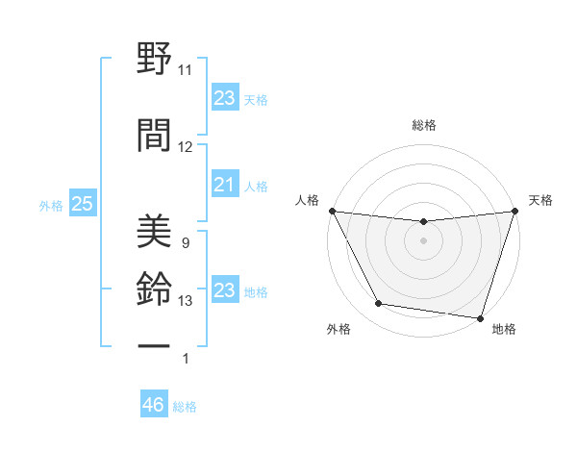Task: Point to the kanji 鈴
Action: click(154, 286)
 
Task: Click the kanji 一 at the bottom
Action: click(154, 343)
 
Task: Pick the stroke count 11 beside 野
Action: click(186, 70)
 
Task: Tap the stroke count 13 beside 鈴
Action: click(186, 301)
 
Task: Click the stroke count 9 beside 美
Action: click(185, 243)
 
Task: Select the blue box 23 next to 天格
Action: click(224, 98)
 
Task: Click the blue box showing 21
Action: click(224, 185)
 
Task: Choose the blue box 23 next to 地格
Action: click(224, 290)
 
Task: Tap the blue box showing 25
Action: click(82, 204)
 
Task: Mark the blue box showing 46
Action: click(153, 405)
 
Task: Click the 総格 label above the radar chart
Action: click(423, 125)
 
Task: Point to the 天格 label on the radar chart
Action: click(541, 200)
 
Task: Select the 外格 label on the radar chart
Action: click(339, 329)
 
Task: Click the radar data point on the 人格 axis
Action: click(332, 211)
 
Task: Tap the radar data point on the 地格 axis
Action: click(480, 317)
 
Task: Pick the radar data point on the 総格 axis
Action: click(423, 222)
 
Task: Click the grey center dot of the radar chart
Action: click(423, 240)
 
